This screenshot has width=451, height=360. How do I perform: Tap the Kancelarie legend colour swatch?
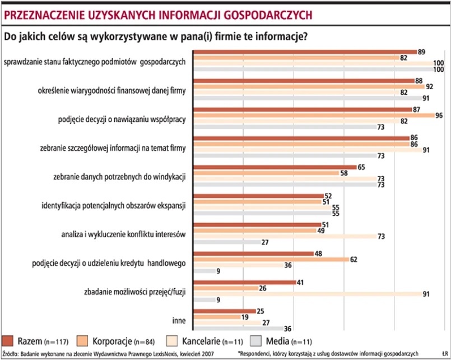(x=174, y=340)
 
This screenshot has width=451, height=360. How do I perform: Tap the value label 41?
(x=300, y=282)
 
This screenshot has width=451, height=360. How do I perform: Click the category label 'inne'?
(x=179, y=321)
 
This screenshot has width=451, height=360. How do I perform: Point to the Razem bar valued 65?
(x=275, y=167)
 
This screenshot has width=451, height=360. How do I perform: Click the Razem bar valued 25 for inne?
(x=224, y=311)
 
